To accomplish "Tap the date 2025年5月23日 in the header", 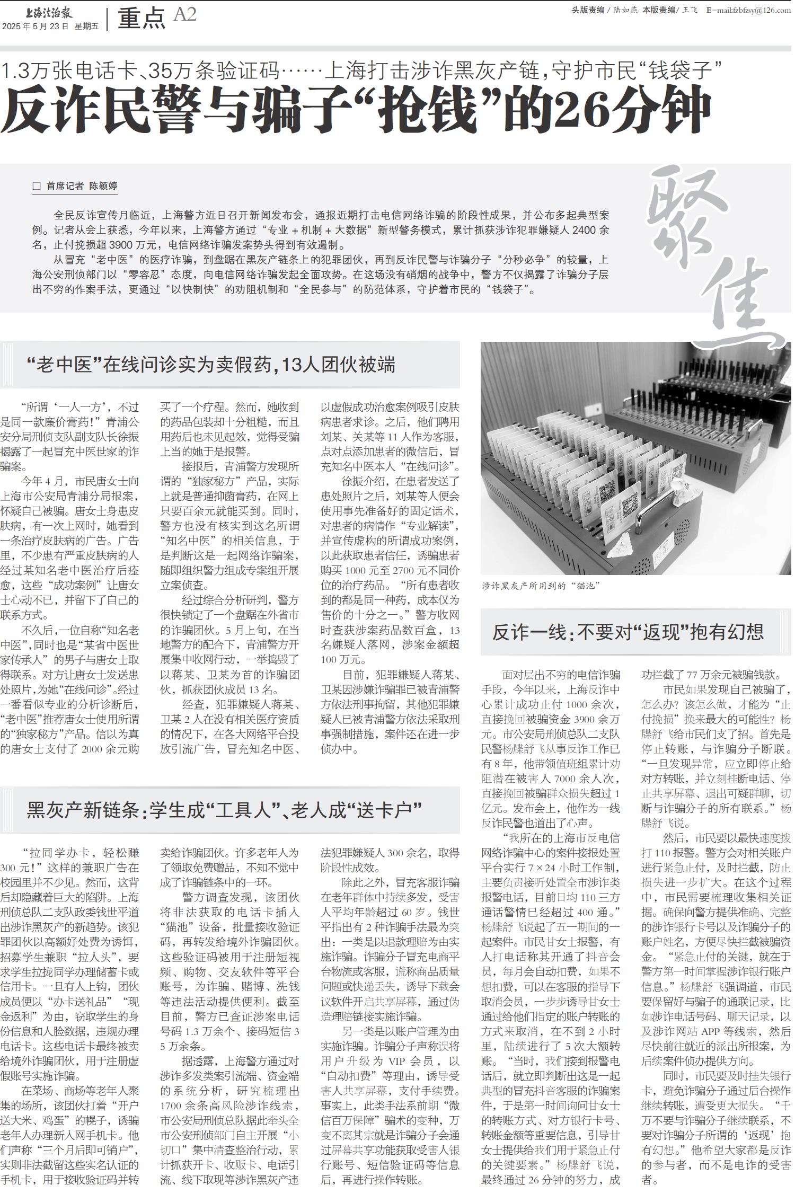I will [x=36, y=26].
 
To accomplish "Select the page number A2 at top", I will [x=185, y=15].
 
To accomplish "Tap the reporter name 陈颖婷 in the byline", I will [x=103, y=185].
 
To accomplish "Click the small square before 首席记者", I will [x=37, y=186].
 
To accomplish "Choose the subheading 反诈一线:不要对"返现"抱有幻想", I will [x=628, y=631].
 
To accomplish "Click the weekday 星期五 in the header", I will [x=86, y=26].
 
